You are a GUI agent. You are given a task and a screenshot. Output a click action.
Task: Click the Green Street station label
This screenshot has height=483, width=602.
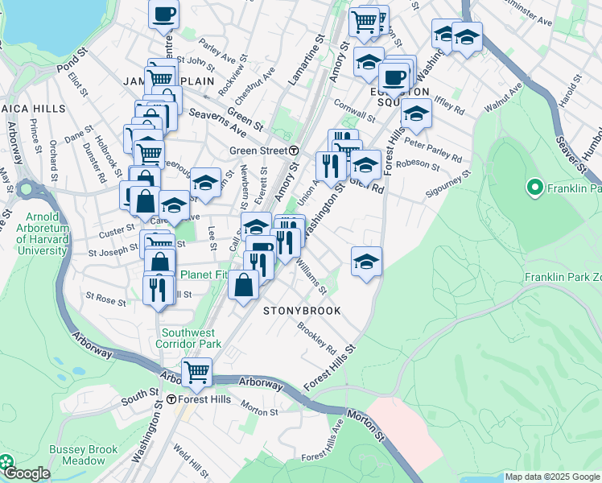(x=258, y=151)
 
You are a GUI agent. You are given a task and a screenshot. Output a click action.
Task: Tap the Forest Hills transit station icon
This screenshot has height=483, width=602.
(x=171, y=400)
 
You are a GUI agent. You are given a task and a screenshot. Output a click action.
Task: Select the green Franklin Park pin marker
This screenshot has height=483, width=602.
(x=532, y=189)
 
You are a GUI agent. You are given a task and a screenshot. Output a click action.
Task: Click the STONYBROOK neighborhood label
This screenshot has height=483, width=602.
(x=303, y=311)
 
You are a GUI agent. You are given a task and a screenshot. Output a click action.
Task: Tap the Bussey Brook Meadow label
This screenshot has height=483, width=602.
(x=77, y=455)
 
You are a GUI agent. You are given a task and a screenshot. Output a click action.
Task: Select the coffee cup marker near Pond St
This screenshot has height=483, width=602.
(x=164, y=14)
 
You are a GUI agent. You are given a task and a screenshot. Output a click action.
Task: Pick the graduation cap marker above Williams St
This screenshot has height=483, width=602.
(x=366, y=262)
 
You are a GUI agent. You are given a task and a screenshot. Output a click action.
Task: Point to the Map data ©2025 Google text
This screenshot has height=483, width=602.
(x=551, y=477)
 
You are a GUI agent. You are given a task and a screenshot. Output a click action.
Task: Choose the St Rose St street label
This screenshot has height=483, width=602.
(x=105, y=300)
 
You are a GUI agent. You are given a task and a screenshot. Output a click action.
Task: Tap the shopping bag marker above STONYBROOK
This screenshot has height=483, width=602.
(x=243, y=285)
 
